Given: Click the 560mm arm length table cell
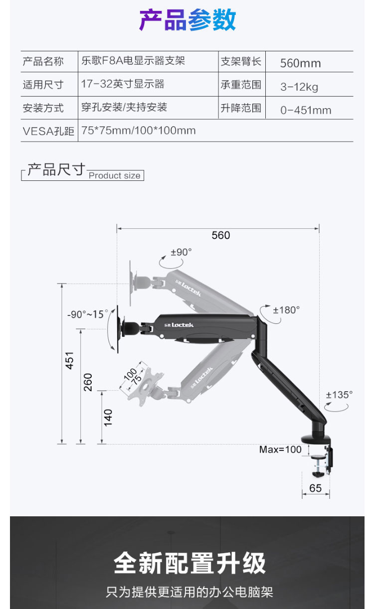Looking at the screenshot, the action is click(300, 63).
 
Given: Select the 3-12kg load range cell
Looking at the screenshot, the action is click(299, 87).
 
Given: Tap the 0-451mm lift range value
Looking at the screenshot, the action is click(306, 110).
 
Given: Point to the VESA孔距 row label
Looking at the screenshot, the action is click(48, 131).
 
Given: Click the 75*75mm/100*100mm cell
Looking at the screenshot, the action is click(138, 131).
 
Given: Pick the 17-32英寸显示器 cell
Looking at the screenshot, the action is click(123, 84).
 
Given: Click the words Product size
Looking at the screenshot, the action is click(115, 175).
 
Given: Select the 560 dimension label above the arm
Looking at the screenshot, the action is click(220, 235).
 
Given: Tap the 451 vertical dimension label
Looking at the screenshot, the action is click(69, 360).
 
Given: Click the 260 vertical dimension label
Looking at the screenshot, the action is click(88, 382).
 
